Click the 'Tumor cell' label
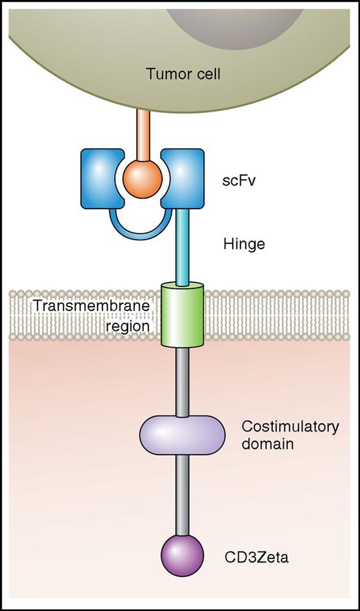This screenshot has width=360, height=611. [x=183, y=73]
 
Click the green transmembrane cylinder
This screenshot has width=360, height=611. [x=182, y=315]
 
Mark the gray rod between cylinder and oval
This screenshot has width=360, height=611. [x=182, y=381]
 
